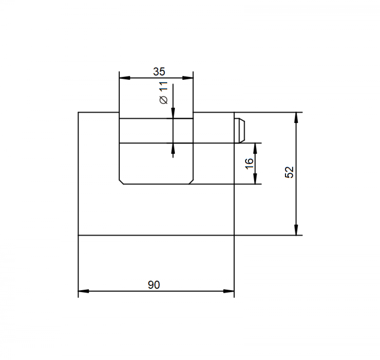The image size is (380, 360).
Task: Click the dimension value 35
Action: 159,72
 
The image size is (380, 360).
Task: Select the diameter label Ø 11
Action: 164,93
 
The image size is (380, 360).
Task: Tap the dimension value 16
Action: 249,164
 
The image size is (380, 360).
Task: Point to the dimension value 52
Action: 289,172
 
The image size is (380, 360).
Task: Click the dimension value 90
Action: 154,285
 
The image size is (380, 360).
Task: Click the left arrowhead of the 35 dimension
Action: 125,78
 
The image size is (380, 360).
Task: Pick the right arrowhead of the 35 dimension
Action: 188,78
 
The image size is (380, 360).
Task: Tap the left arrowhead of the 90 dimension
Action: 83,291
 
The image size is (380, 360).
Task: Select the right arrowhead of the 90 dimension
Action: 229,291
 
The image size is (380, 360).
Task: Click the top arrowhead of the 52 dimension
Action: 296,117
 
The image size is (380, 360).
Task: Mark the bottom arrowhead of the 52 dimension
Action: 296,230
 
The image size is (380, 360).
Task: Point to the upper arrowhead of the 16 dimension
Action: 255,148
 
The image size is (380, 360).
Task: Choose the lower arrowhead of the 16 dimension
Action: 255,179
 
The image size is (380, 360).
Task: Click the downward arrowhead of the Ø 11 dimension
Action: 173,114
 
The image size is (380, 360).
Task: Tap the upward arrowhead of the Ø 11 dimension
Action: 173,148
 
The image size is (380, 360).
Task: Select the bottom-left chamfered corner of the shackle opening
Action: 122,182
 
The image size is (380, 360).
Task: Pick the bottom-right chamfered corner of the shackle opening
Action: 191,182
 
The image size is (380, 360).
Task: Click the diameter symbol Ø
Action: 164,100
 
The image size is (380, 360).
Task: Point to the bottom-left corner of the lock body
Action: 78,235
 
